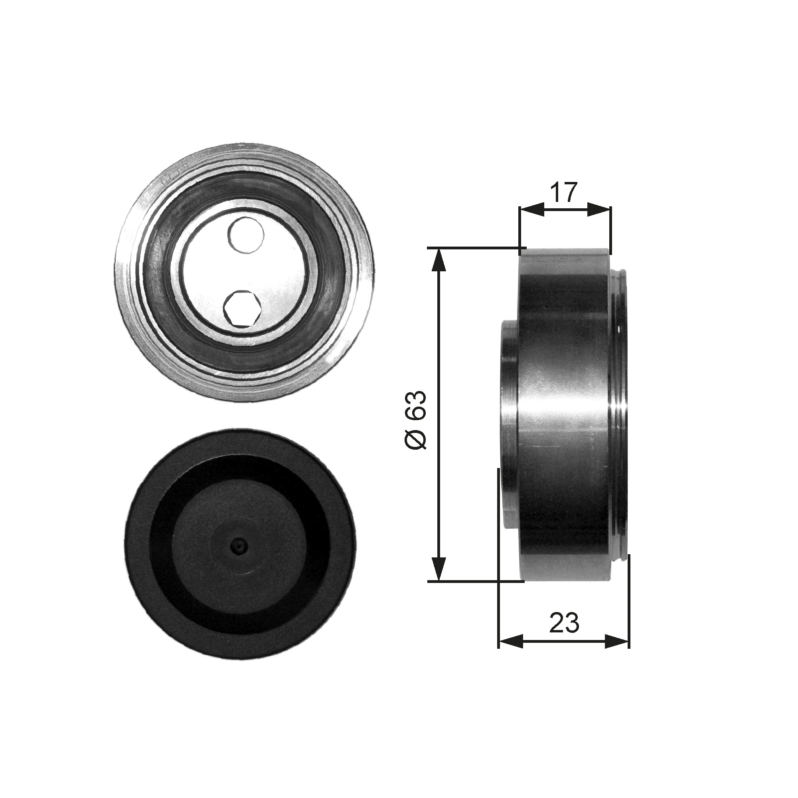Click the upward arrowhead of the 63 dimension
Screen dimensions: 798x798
pyautogui.click(x=439, y=260)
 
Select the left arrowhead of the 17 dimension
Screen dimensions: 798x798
pyautogui.click(x=531, y=210)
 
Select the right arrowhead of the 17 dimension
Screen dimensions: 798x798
pyautogui.click(x=599, y=210)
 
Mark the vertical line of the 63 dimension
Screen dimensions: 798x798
pyautogui.click(x=439, y=413)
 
